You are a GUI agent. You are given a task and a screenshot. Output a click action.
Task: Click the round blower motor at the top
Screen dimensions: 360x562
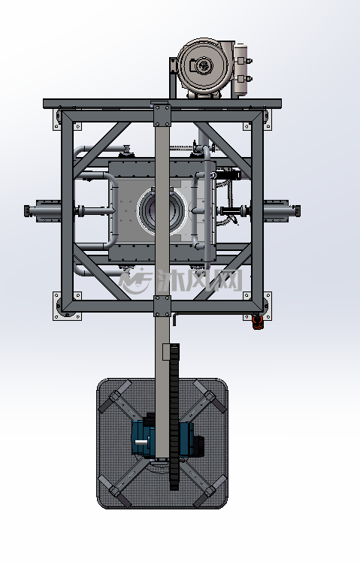pyautogui.click(x=204, y=65)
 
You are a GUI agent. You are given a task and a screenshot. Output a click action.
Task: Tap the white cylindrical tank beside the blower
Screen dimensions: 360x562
pyautogui.click(x=241, y=70)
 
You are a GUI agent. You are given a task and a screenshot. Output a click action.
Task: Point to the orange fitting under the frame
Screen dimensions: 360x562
pyautogui.click(x=258, y=322)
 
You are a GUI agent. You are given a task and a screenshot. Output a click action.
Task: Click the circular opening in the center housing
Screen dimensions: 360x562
pyautogui.click(x=162, y=211)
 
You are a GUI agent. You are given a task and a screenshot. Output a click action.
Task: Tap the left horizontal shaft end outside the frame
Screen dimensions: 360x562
pyautogui.click(x=42, y=210)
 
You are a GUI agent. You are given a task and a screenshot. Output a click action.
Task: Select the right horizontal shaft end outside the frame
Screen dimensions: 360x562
pyautogui.click(x=282, y=210)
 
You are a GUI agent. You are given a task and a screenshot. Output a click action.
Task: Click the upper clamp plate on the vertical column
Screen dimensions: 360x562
pyautogui.click(x=162, y=116)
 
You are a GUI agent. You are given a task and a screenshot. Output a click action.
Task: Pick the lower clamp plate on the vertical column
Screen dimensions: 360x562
pyautogui.click(x=162, y=307)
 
